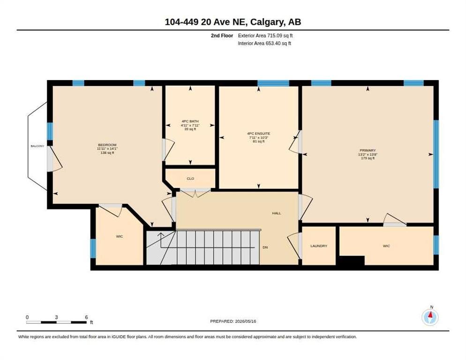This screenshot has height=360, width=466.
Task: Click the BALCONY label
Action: tap(38, 146)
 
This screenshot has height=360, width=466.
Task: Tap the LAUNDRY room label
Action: tap(319, 246)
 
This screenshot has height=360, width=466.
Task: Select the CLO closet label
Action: tap(190, 179)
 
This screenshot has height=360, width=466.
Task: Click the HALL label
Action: tap(277, 213)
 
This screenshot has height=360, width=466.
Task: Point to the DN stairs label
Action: tap(265, 247)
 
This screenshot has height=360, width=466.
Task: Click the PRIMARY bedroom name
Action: tap(368, 150)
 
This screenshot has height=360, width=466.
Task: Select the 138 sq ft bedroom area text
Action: tap(107, 152)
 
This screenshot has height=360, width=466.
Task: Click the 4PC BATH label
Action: tap(190, 121)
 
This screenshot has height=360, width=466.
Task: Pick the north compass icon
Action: tap(430, 317)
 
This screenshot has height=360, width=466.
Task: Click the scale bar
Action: tap(56, 322)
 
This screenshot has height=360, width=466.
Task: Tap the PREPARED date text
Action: tap(233, 322)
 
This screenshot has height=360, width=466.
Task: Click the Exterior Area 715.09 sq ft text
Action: tap(265, 36)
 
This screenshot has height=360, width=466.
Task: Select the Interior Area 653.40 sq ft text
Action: tap(264, 44)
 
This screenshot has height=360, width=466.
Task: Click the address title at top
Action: tap(233, 22)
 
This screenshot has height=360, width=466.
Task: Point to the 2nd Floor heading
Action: tap(222, 36)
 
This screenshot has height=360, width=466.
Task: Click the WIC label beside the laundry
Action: tap(386, 246)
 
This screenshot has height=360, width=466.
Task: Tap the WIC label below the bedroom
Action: tap(120, 236)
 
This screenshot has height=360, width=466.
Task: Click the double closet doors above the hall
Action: tap(195, 192)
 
